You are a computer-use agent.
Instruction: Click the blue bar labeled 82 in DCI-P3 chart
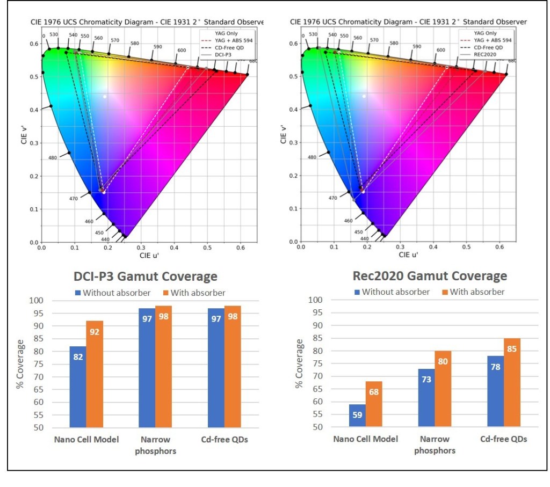[78, 387]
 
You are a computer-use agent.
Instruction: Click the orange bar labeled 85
[512, 382]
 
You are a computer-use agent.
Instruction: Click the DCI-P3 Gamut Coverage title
[146, 277]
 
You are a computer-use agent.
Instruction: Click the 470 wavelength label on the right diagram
[332, 198]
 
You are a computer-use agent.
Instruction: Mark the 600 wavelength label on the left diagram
[182, 50]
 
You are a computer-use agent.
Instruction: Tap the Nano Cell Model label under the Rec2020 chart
[365, 439]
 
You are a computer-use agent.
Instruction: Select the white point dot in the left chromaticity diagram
[105, 96]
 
